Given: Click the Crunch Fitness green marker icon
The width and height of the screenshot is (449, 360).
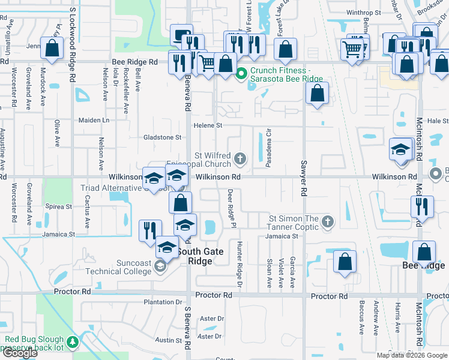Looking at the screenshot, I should pos(241,74).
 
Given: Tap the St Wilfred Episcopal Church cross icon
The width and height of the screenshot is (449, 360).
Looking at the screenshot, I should pos(240,159).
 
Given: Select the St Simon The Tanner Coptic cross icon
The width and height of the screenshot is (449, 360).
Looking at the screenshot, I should pos(328,222).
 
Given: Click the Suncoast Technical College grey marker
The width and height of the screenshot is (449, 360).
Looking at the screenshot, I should pos(160,268).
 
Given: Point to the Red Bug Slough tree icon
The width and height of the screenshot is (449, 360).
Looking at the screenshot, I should pos(73,342).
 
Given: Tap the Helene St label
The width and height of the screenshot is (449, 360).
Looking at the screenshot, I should pos(208,125).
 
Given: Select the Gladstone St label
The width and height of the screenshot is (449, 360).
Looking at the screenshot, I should pos(162,137).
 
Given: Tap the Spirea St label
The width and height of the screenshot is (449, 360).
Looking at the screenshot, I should pos(58,207).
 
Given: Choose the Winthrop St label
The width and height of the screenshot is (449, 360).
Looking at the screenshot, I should pos(364,12).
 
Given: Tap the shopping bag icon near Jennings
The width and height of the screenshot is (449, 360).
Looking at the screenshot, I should pos(52,48).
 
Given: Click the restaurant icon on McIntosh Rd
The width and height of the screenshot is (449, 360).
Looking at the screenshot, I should pos(422,206).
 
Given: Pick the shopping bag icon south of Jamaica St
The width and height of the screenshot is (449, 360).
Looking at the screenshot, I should pos(345,261).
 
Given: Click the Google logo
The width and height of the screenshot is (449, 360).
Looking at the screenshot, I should pos(20,353).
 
